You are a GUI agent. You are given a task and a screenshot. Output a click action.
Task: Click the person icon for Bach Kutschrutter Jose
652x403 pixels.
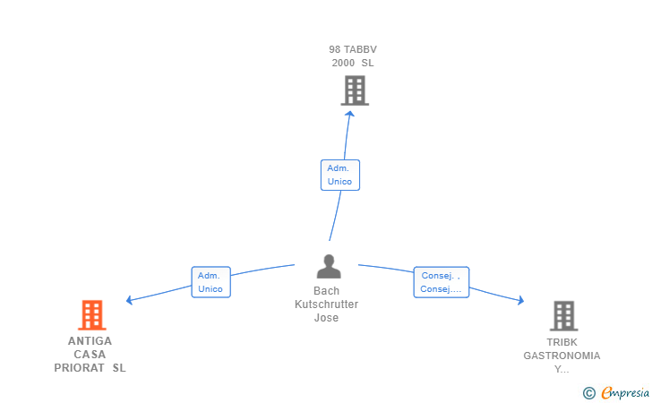[x=329, y=266]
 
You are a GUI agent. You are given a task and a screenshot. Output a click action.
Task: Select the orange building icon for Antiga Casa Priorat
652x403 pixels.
[x=92, y=315]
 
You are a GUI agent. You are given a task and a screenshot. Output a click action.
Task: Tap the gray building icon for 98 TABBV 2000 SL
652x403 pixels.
[x=355, y=90]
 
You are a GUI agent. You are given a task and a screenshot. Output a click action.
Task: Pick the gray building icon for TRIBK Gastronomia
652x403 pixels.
[x=564, y=315]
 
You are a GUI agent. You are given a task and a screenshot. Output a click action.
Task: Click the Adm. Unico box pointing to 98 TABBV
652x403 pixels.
[x=340, y=176]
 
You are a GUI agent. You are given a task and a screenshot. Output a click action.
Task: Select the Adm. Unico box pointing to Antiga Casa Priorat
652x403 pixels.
[x=210, y=282]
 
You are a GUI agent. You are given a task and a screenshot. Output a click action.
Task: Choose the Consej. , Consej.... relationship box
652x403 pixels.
[x=442, y=282]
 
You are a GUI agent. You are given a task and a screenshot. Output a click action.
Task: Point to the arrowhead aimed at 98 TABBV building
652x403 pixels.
[x=350, y=114]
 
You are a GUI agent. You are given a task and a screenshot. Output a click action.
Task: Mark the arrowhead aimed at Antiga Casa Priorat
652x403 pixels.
[x=129, y=300]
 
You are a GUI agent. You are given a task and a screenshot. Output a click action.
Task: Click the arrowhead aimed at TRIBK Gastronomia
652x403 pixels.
[x=521, y=300]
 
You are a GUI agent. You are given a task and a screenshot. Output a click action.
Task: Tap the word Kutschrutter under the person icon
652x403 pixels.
[x=326, y=304]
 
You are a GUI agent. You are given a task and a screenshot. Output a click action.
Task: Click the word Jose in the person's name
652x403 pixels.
[x=326, y=318]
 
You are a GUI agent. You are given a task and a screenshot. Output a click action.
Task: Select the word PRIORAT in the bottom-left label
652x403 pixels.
[x=79, y=368]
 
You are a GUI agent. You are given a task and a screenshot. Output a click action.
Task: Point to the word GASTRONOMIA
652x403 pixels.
[x=562, y=356]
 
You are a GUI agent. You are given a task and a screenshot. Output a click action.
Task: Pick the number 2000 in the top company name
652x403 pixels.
[x=343, y=63]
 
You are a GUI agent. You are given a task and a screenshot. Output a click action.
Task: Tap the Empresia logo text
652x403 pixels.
[x=625, y=392]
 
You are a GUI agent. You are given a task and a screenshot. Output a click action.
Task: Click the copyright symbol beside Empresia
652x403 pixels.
[x=589, y=393]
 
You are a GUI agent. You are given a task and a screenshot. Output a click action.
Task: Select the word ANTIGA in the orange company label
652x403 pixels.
[x=90, y=341]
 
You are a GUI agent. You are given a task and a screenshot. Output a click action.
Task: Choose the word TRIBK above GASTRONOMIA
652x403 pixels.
[x=562, y=342]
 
